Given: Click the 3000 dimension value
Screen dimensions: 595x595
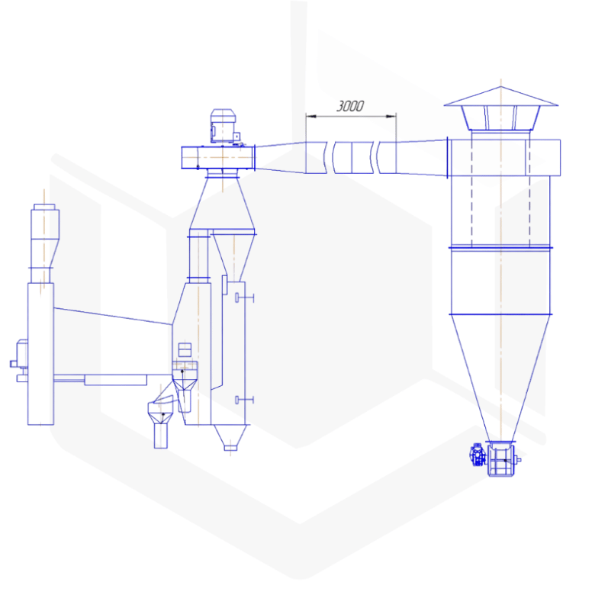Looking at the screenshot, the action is pos(350,106).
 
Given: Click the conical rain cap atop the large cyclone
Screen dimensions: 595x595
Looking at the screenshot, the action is pos(501,96).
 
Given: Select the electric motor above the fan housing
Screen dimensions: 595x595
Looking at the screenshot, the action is pos(224,126).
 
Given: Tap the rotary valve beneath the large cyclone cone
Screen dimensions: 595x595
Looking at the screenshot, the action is pos(501,459).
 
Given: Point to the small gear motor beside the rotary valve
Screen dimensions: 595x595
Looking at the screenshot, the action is pos(478,455).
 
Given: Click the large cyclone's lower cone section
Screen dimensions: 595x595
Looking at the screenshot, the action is pos(500,378).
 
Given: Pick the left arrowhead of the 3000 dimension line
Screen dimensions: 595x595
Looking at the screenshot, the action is pos(310,116).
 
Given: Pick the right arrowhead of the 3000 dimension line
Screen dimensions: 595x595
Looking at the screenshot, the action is pos(391,116).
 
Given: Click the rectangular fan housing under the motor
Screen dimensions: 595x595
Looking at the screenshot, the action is pos(218,157).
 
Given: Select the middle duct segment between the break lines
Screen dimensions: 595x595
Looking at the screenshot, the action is pos(353,157).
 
